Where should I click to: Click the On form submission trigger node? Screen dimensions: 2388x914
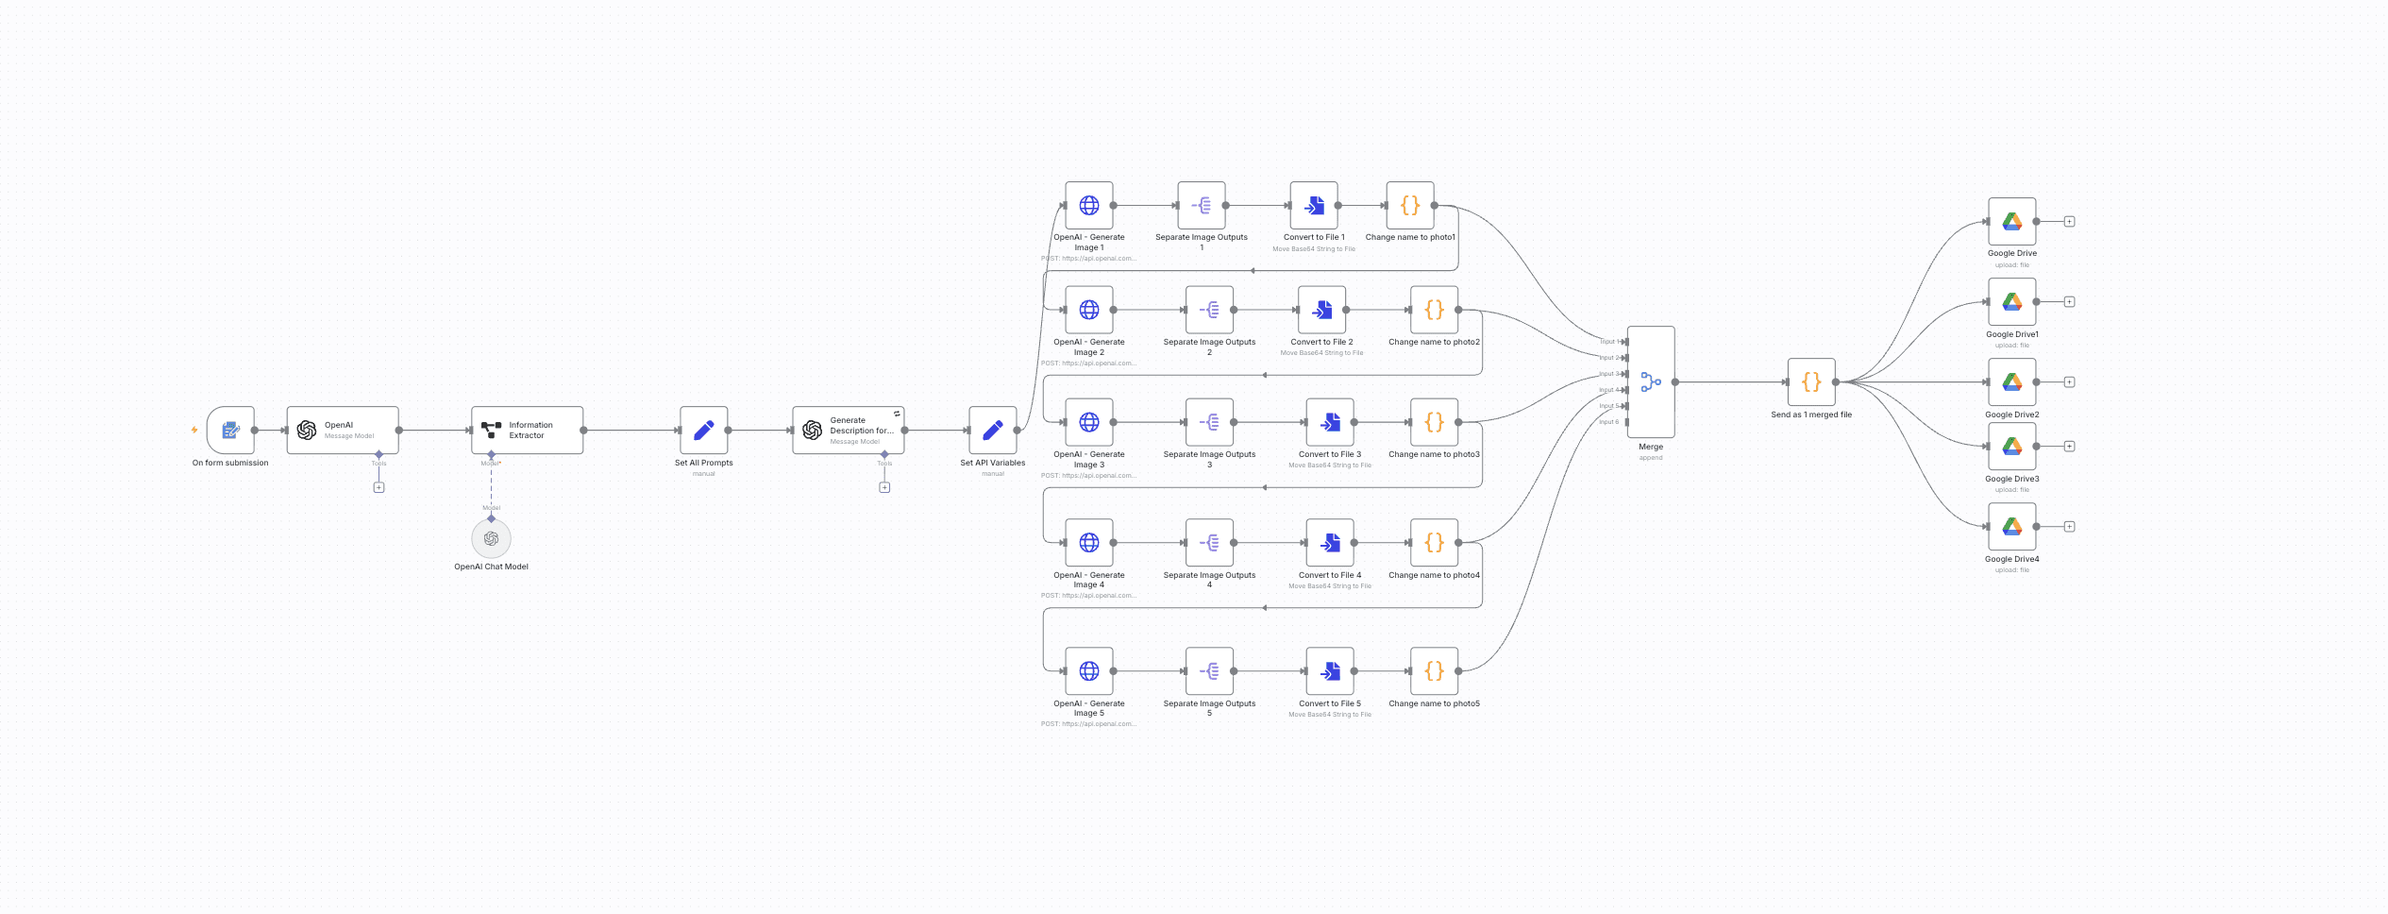(x=230, y=431)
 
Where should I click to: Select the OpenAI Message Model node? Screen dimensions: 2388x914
(x=342, y=431)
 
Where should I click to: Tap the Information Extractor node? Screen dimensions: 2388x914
(x=527, y=431)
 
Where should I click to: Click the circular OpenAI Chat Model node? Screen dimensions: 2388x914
(x=491, y=538)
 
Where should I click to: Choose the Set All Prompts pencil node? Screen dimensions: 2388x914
(x=703, y=431)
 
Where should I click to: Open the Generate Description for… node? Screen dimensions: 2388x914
(x=848, y=431)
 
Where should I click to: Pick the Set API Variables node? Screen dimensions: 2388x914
(x=992, y=431)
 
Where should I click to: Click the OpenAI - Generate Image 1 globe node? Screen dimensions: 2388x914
(x=1088, y=205)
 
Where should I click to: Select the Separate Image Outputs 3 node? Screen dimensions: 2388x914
(x=1209, y=422)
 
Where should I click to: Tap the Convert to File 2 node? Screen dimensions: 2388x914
(x=1321, y=310)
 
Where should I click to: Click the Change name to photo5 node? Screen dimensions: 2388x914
(x=1434, y=670)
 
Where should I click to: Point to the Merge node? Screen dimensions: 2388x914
(x=1650, y=381)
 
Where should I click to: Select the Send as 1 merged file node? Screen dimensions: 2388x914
(x=1810, y=381)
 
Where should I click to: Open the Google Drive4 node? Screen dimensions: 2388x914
(x=2011, y=526)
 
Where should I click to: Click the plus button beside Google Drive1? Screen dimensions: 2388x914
(x=2069, y=302)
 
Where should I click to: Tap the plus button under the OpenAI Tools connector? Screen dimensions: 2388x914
(x=378, y=487)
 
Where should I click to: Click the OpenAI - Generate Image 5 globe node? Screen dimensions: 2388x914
(x=1088, y=670)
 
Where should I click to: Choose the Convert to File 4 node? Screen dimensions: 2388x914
(x=1329, y=542)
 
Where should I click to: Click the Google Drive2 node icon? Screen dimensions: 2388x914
(x=2011, y=381)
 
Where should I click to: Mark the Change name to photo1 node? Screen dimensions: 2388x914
(x=1409, y=205)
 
